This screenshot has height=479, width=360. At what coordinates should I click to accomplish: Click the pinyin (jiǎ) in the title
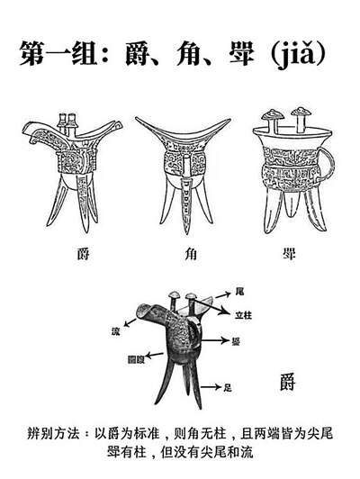[298, 54]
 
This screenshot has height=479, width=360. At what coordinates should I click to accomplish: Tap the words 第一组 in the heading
[58, 53]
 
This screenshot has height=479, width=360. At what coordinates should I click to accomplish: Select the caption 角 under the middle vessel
[191, 254]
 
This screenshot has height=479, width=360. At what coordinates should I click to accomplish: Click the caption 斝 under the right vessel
[288, 254]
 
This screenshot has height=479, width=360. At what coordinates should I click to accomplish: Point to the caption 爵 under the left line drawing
[83, 254]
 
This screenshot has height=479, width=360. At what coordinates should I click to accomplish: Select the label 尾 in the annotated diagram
[240, 292]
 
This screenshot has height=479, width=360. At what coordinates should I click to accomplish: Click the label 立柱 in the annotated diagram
[244, 315]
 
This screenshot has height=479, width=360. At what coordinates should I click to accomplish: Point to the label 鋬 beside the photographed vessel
[236, 340]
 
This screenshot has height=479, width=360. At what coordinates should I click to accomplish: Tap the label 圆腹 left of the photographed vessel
[136, 359]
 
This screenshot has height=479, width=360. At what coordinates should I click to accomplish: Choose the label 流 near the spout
[116, 330]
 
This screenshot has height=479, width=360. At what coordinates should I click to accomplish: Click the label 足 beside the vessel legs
[228, 387]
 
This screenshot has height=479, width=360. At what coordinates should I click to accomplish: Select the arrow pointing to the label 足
[211, 387]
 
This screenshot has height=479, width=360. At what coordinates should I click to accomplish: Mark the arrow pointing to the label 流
[130, 322]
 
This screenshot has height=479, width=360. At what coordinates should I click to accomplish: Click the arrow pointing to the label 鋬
[215, 340]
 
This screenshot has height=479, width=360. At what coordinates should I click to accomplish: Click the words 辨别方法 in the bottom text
[53, 433]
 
